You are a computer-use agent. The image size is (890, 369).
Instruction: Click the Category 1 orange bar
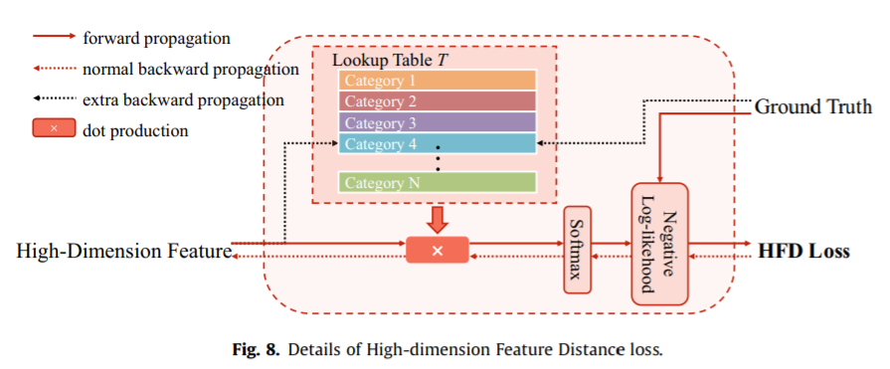click(x=437, y=81)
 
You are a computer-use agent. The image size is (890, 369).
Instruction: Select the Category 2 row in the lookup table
click(x=437, y=101)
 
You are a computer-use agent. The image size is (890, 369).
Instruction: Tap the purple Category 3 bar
click(x=437, y=122)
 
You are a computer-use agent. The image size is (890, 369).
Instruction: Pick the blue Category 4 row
click(x=437, y=143)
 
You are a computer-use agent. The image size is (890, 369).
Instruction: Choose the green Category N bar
click(x=437, y=182)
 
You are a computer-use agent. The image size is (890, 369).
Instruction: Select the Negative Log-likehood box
click(x=659, y=243)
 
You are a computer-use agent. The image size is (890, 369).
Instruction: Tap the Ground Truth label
click(x=813, y=106)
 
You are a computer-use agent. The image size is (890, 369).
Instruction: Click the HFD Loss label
click(x=803, y=251)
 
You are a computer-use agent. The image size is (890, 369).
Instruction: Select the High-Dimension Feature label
click(x=123, y=251)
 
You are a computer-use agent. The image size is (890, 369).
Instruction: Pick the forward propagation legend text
click(x=157, y=39)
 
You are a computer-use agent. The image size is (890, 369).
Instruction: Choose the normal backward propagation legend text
click(x=191, y=70)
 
